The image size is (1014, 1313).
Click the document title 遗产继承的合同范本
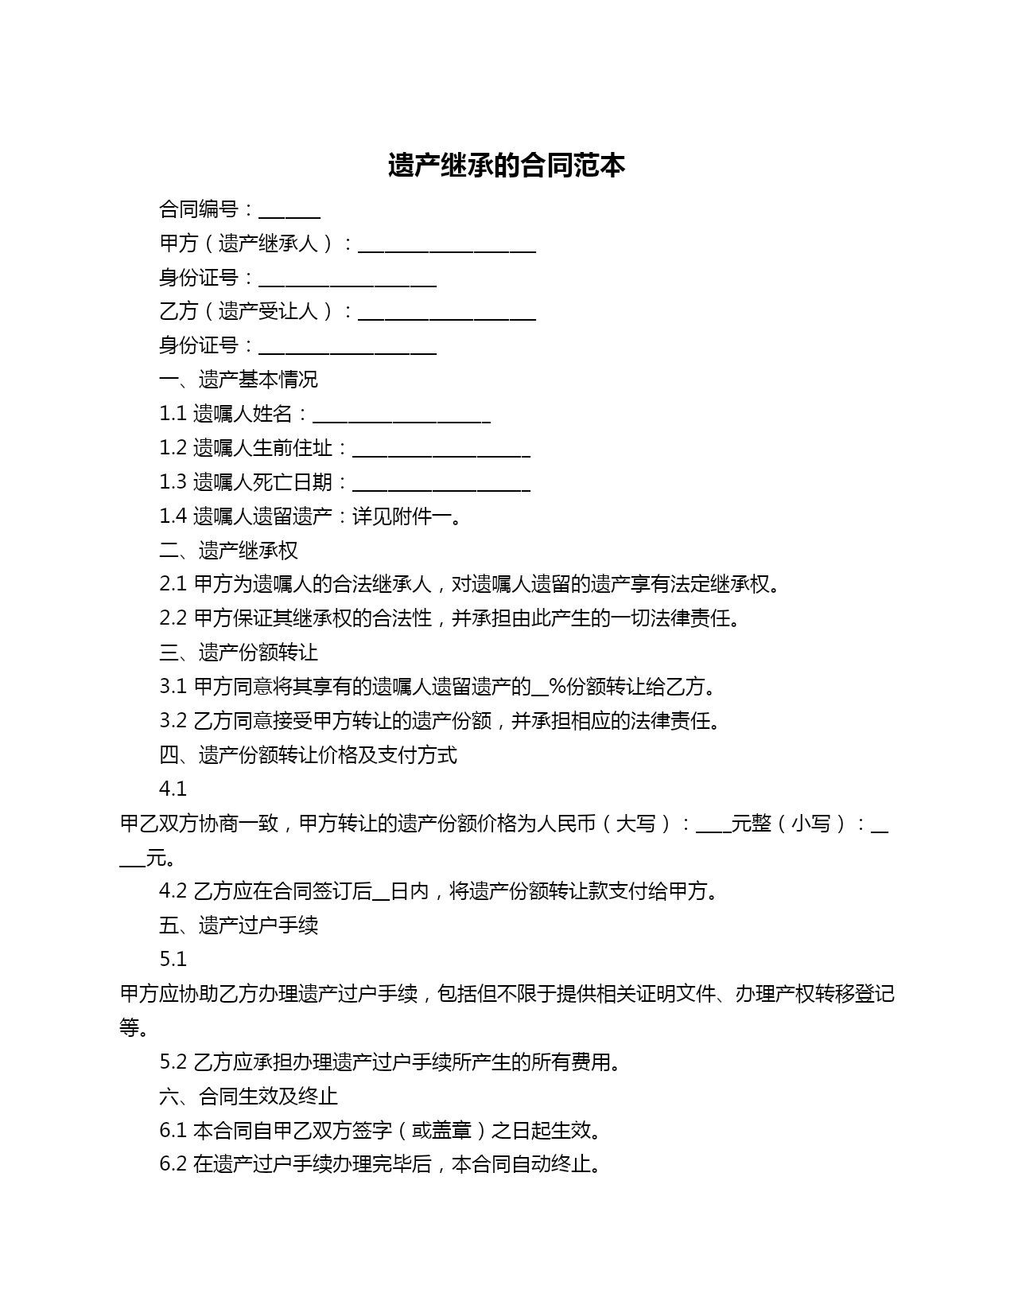tap(507, 166)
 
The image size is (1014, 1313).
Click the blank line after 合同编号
tap(289, 212)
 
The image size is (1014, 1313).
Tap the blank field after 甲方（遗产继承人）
tap(447, 246)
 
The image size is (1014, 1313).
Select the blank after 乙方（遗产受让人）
tap(447, 314)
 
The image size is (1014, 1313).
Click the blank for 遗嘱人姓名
tap(402, 416)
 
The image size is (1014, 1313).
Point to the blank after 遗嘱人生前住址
tap(441, 450)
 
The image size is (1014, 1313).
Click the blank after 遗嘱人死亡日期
tap(441, 485)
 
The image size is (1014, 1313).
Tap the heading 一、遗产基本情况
tap(239, 380)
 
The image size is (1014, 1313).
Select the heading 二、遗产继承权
tap(229, 551)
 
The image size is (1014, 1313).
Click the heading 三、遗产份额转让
tap(239, 653)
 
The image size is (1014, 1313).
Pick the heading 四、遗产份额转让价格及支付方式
tap(309, 755)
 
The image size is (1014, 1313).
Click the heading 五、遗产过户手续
tap(239, 925)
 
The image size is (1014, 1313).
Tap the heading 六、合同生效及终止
tap(249, 1097)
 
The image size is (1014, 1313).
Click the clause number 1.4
tap(173, 516)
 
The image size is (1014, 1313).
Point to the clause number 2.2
tap(173, 619)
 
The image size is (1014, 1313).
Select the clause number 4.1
tap(173, 789)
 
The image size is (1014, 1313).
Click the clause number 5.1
tap(173, 960)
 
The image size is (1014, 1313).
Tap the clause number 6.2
tap(173, 1165)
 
